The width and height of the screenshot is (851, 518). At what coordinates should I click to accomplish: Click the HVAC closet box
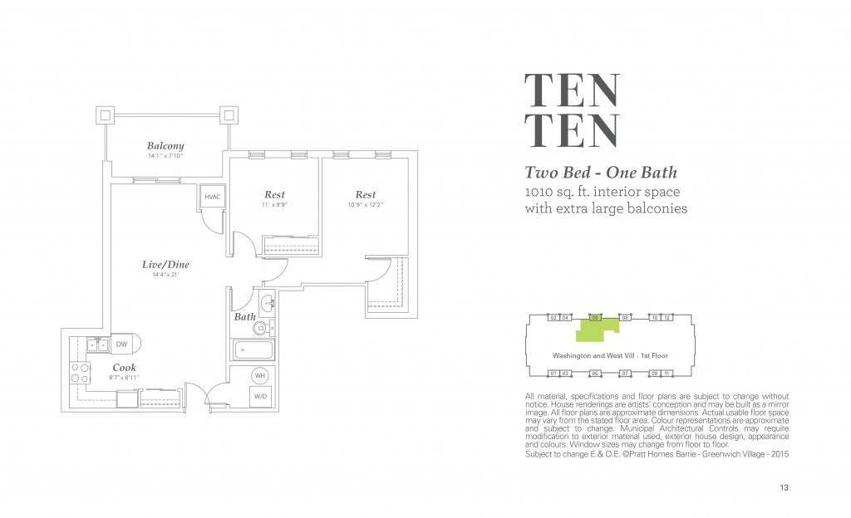[211, 198]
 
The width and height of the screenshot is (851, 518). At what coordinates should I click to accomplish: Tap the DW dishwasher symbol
[121, 344]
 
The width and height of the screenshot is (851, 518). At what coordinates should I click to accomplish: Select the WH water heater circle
[259, 375]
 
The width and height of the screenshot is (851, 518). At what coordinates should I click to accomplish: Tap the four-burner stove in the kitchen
[81, 372]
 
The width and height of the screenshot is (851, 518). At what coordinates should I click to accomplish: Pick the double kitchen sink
[97, 344]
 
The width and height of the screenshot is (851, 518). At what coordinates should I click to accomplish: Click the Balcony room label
[165, 146]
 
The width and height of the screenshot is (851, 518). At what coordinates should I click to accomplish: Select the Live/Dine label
[165, 265]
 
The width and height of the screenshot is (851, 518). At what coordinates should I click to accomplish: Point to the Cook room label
[125, 367]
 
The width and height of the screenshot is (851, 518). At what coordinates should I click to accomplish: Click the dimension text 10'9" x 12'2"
[366, 204]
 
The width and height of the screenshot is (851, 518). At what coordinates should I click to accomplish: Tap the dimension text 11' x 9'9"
[274, 204]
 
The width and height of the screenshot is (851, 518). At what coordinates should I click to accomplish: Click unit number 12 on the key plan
[667, 318]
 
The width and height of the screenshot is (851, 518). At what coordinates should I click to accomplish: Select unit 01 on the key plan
[553, 374]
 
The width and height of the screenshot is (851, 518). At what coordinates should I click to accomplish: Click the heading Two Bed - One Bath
[600, 173]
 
